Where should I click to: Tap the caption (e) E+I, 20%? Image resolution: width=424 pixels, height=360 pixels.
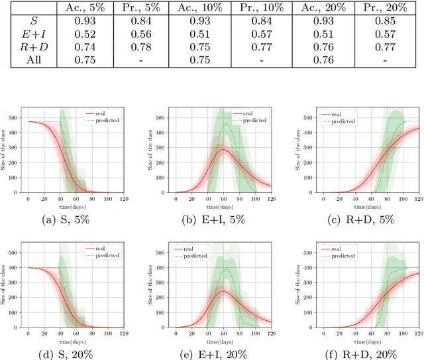point(213,355)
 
